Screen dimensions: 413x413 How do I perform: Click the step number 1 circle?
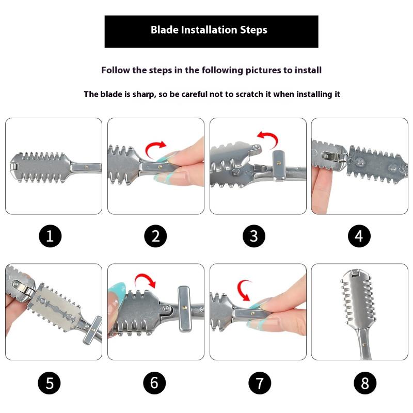(x=50, y=236)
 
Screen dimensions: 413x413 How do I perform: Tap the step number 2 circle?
(x=155, y=236)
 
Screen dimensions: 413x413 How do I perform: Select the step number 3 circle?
(x=254, y=236)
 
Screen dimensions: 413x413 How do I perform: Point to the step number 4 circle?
(x=359, y=236)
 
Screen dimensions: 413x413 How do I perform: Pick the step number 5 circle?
(x=49, y=383)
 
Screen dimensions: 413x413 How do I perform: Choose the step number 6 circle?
(x=154, y=383)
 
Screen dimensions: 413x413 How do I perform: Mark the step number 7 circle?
(x=260, y=383)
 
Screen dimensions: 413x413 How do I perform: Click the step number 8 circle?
(x=365, y=383)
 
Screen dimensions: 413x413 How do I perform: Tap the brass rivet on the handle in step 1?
(x=86, y=167)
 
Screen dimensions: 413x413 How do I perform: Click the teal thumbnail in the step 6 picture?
(x=118, y=289)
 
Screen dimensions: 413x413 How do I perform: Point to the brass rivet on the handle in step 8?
(x=364, y=344)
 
